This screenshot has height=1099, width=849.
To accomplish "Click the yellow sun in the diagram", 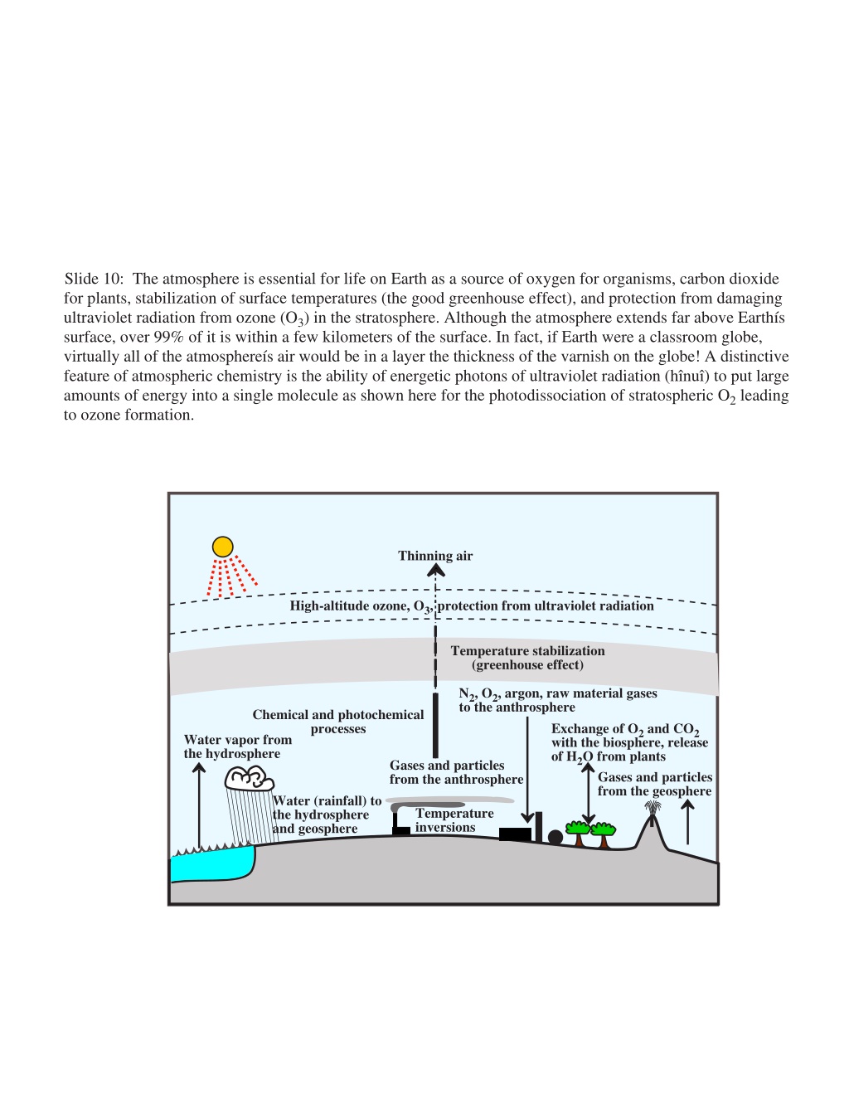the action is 222,547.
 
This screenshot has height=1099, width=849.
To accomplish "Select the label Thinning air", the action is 435,556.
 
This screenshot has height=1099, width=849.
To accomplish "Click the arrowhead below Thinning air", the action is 435,571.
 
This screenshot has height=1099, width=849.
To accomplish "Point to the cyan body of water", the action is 212,863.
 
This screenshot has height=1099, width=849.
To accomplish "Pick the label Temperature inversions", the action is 454,819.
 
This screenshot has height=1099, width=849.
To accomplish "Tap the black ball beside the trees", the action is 555,837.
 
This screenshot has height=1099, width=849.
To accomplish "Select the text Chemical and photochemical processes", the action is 338,722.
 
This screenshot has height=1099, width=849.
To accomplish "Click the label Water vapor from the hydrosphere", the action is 237,746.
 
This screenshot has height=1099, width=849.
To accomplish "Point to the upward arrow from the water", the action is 199,805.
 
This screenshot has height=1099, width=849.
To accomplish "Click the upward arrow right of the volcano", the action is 687,822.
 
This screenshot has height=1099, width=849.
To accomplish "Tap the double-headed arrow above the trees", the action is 588,793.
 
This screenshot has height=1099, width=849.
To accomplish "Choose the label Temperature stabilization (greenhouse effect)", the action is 527,658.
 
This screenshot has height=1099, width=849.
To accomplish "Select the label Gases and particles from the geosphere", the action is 655,784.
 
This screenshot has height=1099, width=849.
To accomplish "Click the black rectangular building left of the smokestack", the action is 515,834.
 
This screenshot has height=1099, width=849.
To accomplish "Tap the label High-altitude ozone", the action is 349,605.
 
